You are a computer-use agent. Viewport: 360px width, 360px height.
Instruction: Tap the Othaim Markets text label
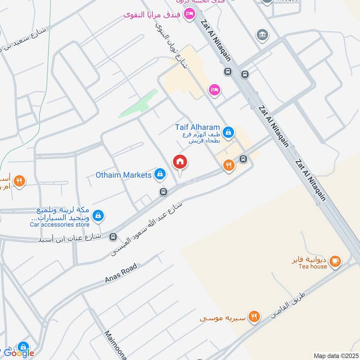pos(123,175)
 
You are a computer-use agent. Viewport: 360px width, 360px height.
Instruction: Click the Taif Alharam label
pos(198,127)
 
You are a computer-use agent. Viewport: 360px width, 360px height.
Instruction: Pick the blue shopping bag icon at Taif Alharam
pos(228,132)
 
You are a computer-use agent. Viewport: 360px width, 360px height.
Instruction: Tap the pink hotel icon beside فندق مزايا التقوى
pos(189,14)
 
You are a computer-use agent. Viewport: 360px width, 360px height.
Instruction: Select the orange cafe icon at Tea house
pos(334,261)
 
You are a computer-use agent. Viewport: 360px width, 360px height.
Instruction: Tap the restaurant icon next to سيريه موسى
pos(254,317)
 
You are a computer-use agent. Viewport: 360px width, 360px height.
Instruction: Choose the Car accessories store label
pos(60,225)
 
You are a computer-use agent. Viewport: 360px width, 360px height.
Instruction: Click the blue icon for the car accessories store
pos(99,216)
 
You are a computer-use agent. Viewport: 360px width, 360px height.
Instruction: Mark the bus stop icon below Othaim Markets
pos(163,192)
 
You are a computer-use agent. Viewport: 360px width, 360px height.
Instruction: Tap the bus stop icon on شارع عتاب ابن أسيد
pos(112,236)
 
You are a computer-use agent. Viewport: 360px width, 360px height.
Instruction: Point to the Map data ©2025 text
pos(335,356)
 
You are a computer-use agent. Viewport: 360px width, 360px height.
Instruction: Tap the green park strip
pos(139,104)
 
